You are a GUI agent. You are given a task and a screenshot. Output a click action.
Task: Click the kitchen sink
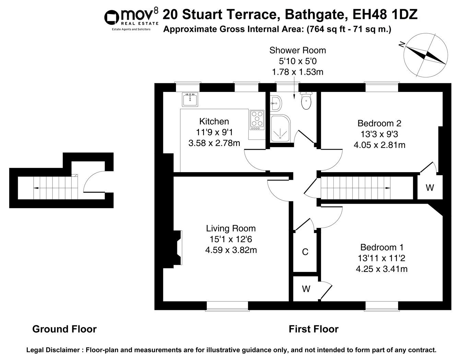click(190, 99)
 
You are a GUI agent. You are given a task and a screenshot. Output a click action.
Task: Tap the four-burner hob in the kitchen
click(257, 120)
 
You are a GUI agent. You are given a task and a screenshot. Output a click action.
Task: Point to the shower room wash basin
click(276, 104)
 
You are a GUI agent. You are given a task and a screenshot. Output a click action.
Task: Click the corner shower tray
click(281, 129)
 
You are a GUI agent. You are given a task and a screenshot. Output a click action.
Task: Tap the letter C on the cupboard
click(305, 252)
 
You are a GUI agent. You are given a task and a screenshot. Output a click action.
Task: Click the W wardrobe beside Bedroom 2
click(430, 188)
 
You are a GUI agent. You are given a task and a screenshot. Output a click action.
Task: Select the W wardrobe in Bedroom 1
click(306, 289)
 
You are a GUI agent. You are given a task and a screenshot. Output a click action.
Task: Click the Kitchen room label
click(214, 121)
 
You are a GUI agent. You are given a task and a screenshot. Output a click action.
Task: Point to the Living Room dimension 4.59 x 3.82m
click(231, 250)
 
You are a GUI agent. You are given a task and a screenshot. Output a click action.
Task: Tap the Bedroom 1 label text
click(382, 247)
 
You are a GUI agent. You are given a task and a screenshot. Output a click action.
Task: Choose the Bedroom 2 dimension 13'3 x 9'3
click(379, 134)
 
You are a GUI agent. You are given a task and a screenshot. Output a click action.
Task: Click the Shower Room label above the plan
click(298, 50)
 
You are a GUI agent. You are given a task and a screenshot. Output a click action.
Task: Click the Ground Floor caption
click(64, 329)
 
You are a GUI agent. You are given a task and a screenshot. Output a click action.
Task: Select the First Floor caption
click(313, 329)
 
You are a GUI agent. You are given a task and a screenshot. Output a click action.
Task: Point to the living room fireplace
click(178, 248)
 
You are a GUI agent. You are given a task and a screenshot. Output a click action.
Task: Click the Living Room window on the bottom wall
click(227, 306)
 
